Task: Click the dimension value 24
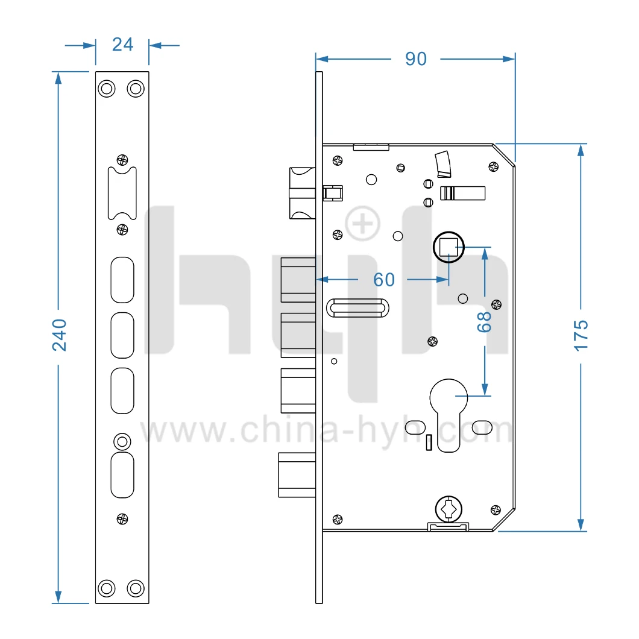[x=122, y=45]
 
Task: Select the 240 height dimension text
[x=59, y=335]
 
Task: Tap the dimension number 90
[x=415, y=58]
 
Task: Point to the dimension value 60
[x=384, y=280]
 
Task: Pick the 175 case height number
[x=581, y=335]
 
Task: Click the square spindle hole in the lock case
[x=448, y=247]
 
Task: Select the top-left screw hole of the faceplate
[x=107, y=89]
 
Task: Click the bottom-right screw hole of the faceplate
[x=136, y=587]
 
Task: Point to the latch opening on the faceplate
[x=122, y=194]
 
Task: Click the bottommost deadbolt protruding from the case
[x=297, y=475]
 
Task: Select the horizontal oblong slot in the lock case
[x=357, y=308]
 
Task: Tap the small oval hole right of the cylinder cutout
[x=482, y=427]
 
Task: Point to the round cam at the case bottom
[x=447, y=508]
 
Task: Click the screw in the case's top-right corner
[x=493, y=167]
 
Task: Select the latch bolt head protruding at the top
[x=301, y=193]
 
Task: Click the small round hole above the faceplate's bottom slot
[x=122, y=441]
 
